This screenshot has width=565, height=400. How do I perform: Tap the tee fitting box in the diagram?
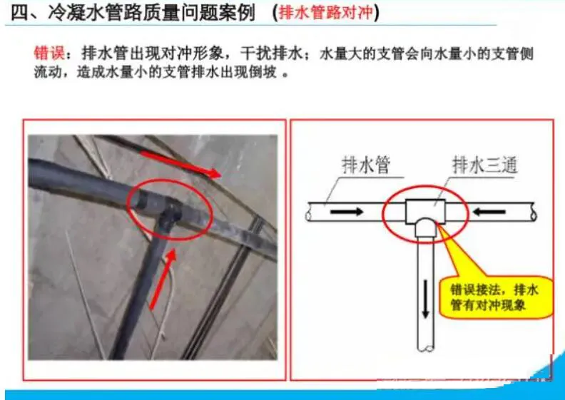pyautogui.click(x=426, y=212)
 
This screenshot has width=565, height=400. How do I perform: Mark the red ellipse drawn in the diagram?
pyautogui.click(x=386, y=215)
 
